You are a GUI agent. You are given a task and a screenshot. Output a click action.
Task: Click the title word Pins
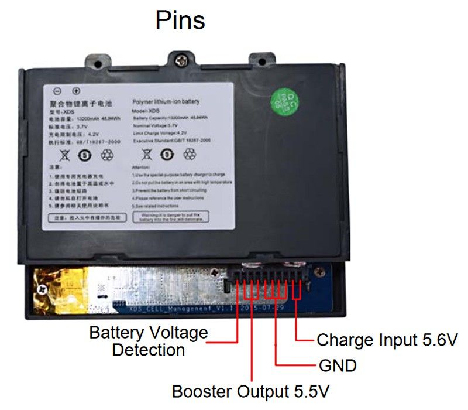(x=180, y=20)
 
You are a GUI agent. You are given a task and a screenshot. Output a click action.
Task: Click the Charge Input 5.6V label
(x=387, y=340)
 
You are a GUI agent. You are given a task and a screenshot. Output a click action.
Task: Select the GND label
(x=338, y=366)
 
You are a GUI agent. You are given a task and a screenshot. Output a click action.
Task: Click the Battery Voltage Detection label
(x=149, y=341)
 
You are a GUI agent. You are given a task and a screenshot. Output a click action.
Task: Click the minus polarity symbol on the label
(x=57, y=91)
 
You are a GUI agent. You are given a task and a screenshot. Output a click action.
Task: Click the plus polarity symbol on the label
(x=75, y=91)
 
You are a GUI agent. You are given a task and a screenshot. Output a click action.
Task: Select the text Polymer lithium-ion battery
(x=166, y=101)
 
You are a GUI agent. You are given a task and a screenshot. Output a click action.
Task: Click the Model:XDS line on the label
(x=147, y=111)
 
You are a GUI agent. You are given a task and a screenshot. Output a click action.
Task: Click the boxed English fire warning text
(x=179, y=218)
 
